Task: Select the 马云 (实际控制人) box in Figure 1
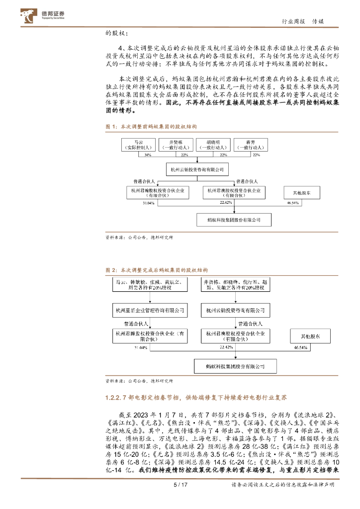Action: click(139, 145)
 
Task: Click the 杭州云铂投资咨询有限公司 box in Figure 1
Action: click(197, 170)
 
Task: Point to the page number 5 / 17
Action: click(180, 498)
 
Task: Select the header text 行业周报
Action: click(293, 22)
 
